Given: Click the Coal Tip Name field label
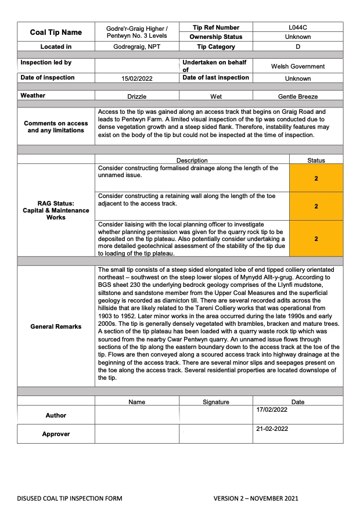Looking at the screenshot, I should (x=56, y=33).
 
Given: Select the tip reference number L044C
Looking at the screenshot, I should (x=298, y=27).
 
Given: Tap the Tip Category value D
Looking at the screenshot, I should (x=298, y=46).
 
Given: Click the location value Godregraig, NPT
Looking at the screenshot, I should (x=137, y=46).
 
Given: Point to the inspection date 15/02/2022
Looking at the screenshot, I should (x=137, y=78).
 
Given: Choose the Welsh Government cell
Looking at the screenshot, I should (x=298, y=66).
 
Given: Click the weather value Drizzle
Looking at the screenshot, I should (x=137, y=96).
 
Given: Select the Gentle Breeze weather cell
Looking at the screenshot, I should (x=298, y=96).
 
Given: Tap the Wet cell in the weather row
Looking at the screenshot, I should (x=216, y=96).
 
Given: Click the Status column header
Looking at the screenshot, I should (x=316, y=160).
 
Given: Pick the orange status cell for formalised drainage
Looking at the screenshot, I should (x=316, y=178).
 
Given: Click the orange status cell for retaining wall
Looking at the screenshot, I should (x=316, y=206).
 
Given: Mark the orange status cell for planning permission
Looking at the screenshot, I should (x=316, y=239).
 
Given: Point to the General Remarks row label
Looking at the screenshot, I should (x=56, y=326).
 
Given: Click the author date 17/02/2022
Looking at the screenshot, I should (x=272, y=410).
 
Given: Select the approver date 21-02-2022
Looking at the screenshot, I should (x=272, y=429).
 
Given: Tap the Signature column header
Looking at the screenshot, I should (x=216, y=402).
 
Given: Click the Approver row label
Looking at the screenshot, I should (x=56, y=434).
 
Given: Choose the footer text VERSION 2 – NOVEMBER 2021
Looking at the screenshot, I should (x=255, y=499).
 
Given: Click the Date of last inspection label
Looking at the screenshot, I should (x=215, y=78).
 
